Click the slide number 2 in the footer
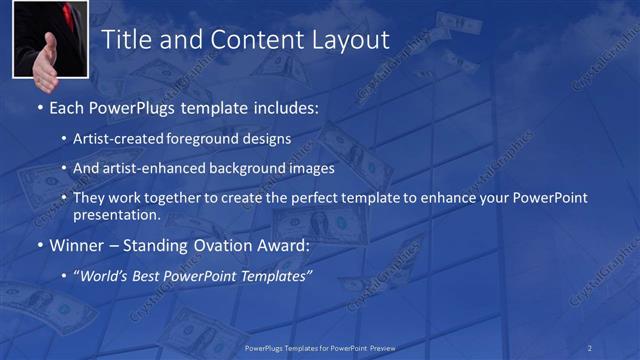[x=589, y=348]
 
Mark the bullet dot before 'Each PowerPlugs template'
[x=39, y=107]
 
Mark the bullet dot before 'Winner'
[x=39, y=246]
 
